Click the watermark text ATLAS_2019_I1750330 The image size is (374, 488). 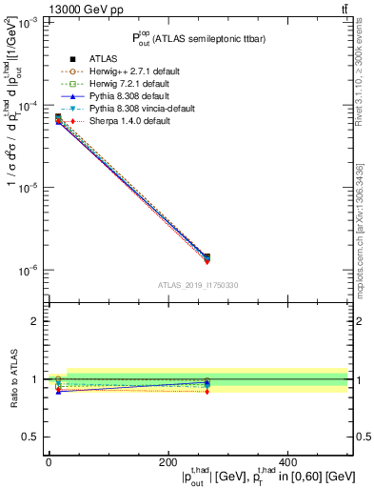point(198,285)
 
